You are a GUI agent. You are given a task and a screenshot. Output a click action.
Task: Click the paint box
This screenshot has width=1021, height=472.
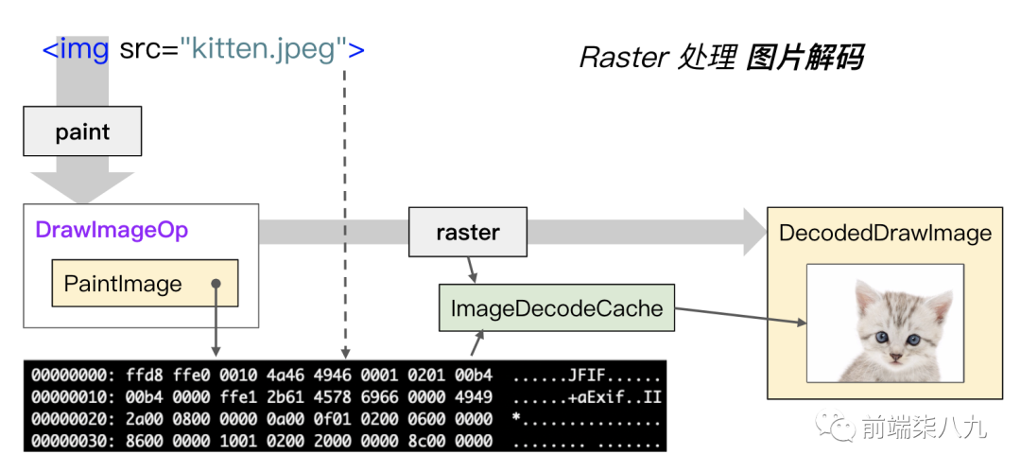click(x=82, y=131)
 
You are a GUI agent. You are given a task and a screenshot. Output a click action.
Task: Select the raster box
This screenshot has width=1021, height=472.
click(x=468, y=232)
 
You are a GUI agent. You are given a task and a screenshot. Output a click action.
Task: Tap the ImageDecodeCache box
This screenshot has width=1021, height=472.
click(x=556, y=307)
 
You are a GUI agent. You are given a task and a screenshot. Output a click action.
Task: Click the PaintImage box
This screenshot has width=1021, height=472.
click(x=145, y=284)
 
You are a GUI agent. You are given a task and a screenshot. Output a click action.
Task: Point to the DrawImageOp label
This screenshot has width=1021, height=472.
click(x=112, y=230)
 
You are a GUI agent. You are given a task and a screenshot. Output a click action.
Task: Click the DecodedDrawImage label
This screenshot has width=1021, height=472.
click(x=885, y=233)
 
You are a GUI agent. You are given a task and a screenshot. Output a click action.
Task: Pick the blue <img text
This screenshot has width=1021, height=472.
click(x=77, y=48)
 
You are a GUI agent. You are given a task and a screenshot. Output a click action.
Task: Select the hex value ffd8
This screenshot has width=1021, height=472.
click(x=140, y=376)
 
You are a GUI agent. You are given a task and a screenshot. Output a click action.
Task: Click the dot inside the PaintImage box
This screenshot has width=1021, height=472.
click(x=216, y=284)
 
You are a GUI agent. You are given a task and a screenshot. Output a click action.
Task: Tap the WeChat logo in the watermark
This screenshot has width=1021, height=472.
click(x=836, y=428)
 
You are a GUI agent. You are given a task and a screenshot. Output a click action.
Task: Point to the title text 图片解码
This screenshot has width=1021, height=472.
click(x=804, y=58)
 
